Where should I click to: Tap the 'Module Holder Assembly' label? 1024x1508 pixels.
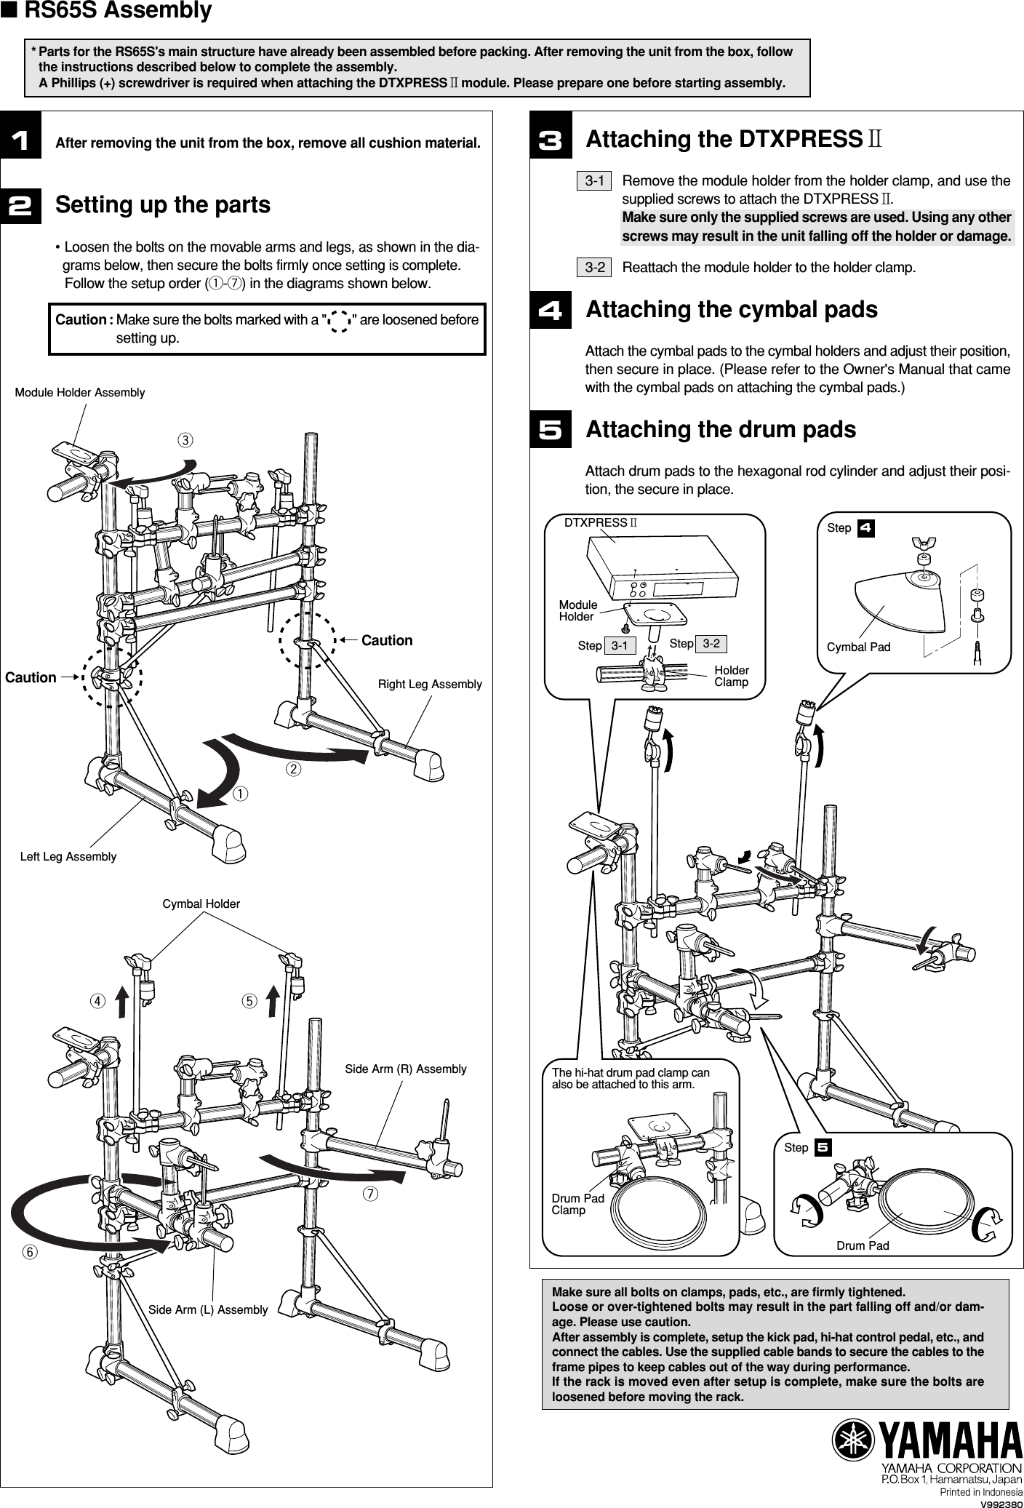[x=80, y=393]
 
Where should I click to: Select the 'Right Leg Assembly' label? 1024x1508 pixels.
[x=430, y=685]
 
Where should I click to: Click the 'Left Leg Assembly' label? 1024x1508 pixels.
[x=68, y=857]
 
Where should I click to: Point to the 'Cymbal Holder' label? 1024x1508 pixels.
[x=201, y=903]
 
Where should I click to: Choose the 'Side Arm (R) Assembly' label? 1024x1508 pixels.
[x=405, y=1069]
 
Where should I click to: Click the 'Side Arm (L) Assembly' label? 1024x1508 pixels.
[x=208, y=1309]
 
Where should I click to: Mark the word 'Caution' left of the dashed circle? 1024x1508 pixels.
[x=31, y=677]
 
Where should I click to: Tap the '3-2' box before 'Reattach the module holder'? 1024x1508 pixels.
[x=595, y=268]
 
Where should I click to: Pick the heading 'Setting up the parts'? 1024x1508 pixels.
[x=163, y=205]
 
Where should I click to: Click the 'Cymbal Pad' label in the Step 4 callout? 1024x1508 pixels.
[x=858, y=647]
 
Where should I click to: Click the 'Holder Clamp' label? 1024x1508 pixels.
[x=731, y=676]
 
